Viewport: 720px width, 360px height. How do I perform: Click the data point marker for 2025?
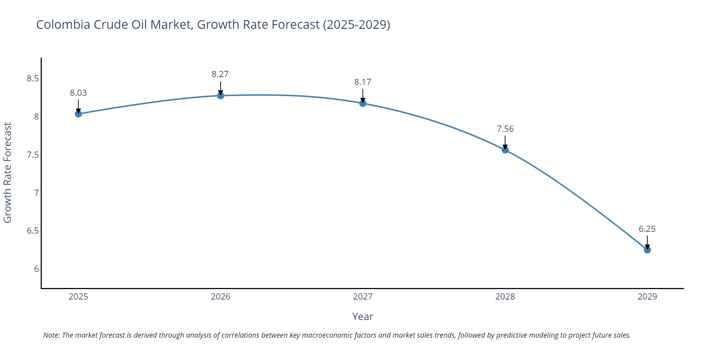click(x=78, y=114)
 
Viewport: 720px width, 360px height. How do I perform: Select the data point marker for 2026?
click(x=220, y=95)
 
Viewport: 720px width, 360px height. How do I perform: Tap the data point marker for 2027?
click(x=363, y=103)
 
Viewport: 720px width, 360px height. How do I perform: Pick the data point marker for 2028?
click(x=505, y=150)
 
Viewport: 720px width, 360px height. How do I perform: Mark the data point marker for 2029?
click(x=647, y=250)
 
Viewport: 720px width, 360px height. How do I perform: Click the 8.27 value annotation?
click(x=220, y=74)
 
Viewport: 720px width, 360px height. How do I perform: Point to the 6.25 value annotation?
click(x=647, y=229)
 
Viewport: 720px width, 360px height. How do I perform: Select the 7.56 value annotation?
click(x=505, y=129)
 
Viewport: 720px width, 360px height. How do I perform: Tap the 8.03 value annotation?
click(x=78, y=93)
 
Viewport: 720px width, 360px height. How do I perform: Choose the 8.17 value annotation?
click(x=363, y=82)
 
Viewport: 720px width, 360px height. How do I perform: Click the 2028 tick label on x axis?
click(x=505, y=297)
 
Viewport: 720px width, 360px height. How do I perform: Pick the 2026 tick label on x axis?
click(x=220, y=297)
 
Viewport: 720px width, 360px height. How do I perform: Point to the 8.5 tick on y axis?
click(x=33, y=78)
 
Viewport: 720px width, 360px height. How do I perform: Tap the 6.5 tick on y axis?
click(x=33, y=231)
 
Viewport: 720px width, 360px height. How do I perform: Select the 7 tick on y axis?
click(x=36, y=193)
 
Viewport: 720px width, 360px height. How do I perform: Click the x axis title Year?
click(x=363, y=316)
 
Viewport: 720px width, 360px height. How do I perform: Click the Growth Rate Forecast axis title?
click(x=8, y=173)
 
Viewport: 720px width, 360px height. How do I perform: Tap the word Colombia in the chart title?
click(x=63, y=24)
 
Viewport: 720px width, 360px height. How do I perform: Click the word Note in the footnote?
click(x=51, y=335)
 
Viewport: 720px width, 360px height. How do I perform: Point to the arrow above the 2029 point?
click(x=647, y=242)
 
